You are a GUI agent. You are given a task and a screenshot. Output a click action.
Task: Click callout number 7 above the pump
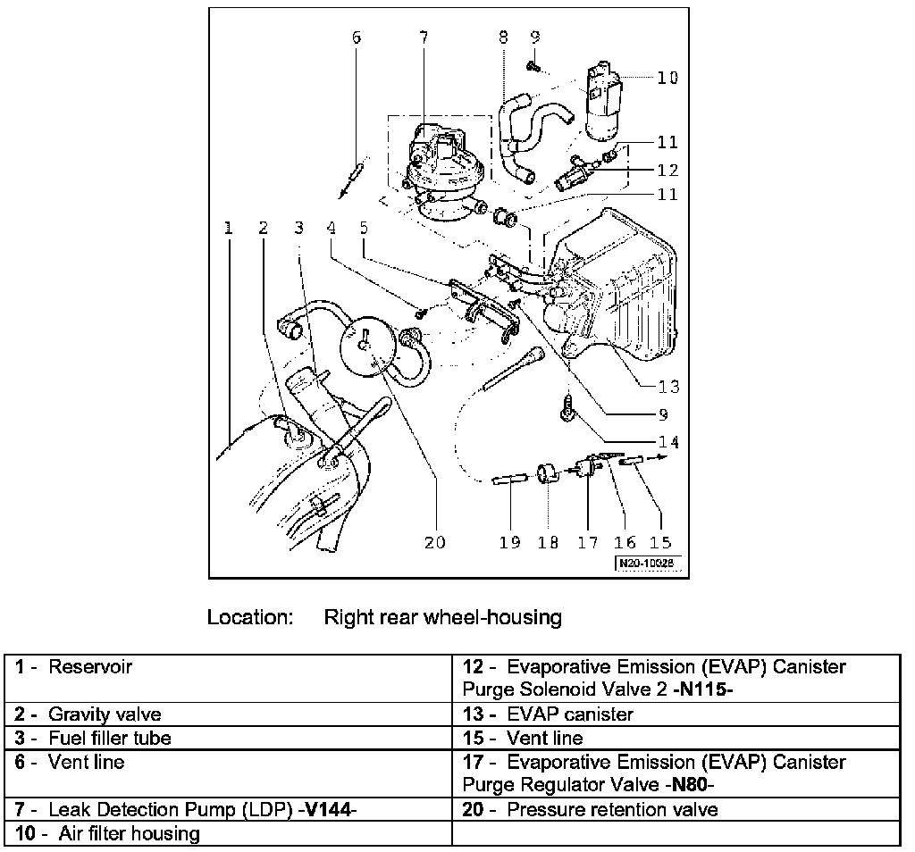[423, 38]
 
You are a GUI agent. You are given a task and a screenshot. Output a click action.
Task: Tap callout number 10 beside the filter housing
[667, 78]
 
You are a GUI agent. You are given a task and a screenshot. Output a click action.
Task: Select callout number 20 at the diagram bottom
[434, 542]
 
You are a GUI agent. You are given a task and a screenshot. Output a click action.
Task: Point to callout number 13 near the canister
[668, 387]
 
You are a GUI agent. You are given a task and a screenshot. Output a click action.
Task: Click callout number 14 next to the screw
[668, 441]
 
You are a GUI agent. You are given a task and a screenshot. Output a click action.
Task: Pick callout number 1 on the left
[229, 228]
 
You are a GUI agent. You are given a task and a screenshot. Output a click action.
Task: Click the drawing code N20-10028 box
[648, 564]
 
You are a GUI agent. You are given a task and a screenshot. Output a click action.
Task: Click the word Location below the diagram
[250, 617]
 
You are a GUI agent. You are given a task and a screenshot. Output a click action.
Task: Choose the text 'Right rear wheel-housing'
[442, 617]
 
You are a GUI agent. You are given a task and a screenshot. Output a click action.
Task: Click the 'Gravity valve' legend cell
[105, 714]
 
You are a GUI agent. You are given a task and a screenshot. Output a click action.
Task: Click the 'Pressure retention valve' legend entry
[611, 810]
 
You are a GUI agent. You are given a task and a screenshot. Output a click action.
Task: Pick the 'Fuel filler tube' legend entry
[109, 739]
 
